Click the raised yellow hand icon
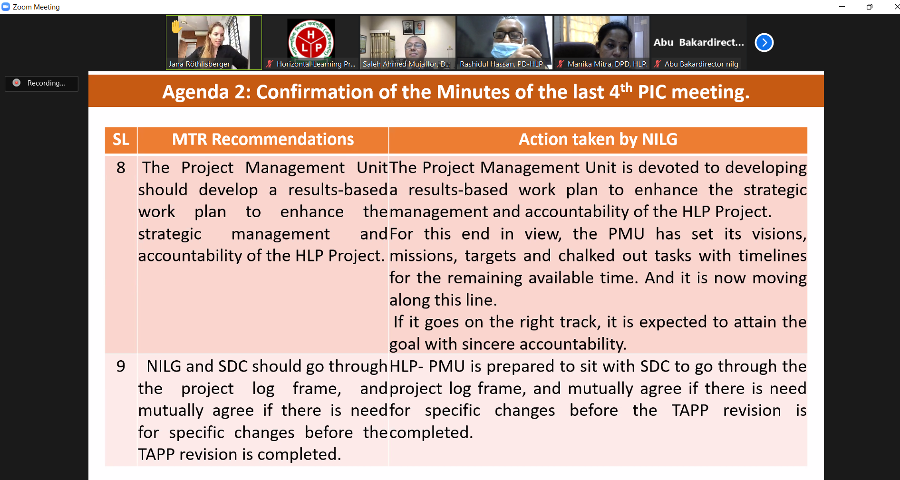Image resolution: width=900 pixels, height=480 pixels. pyautogui.click(x=176, y=27)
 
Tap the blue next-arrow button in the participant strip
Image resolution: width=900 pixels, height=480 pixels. pyautogui.click(x=764, y=43)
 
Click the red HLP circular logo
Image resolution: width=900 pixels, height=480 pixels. pyautogui.click(x=311, y=41)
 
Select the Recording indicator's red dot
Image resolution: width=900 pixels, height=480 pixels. pyautogui.click(x=17, y=83)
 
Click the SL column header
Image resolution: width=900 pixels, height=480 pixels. pyautogui.click(x=121, y=140)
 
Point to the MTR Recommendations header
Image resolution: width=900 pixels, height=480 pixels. pyautogui.click(x=263, y=140)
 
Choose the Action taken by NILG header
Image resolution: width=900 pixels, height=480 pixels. pyautogui.click(x=598, y=140)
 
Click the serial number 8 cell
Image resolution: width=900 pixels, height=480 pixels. pyautogui.click(x=121, y=168)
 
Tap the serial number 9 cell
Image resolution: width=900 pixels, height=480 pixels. pyautogui.click(x=121, y=366)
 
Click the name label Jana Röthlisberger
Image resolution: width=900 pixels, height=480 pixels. pyautogui.click(x=199, y=64)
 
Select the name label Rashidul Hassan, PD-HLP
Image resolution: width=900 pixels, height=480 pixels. pyautogui.click(x=501, y=64)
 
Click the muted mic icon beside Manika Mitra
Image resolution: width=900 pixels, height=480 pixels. pyautogui.click(x=561, y=64)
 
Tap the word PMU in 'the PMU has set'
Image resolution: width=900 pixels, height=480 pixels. pyautogui.click(x=626, y=234)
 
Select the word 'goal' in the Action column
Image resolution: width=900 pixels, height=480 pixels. pyautogui.click(x=405, y=345)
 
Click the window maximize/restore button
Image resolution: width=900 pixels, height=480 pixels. pyautogui.click(x=869, y=7)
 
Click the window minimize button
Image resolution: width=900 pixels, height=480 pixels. pyautogui.click(x=842, y=7)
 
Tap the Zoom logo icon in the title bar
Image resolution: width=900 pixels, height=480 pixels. pyautogui.click(x=6, y=7)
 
